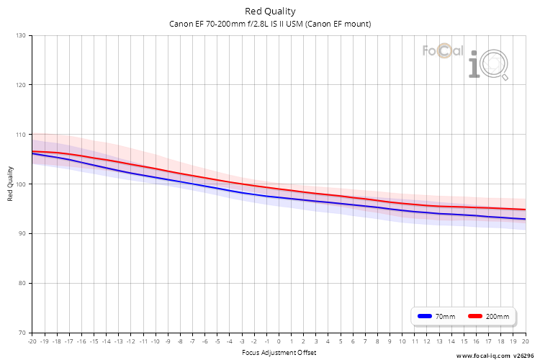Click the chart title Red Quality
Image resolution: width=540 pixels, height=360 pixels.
(x=270, y=12)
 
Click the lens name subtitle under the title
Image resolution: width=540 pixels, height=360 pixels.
(x=270, y=24)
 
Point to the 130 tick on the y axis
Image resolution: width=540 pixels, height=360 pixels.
(x=21, y=35)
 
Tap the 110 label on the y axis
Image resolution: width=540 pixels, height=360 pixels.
(x=21, y=135)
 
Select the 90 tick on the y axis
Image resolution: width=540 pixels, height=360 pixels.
(x=22, y=233)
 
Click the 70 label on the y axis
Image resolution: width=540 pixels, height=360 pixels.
(x=22, y=333)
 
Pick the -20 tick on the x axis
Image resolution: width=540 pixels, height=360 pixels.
(x=32, y=341)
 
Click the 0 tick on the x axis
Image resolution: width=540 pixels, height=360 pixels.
(x=279, y=341)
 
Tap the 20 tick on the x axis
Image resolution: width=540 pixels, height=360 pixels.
(x=525, y=341)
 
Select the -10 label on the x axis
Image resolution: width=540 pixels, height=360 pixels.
(x=156, y=341)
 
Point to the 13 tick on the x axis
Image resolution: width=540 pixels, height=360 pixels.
(x=439, y=341)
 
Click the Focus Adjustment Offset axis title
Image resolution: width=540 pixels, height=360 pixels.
(x=279, y=352)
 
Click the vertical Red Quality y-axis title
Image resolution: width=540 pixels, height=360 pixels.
(x=10, y=184)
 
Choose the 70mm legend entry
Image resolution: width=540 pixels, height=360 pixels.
(x=436, y=316)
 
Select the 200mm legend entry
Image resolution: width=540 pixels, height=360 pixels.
(x=489, y=316)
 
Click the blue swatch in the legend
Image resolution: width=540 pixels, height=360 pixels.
(x=425, y=316)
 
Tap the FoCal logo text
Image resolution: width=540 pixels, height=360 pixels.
(x=443, y=51)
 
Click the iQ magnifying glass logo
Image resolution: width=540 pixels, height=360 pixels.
(x=489, y=65)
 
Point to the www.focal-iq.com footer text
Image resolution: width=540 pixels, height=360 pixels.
(x=483, y=356)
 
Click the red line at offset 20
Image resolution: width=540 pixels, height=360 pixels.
(x=526, y=210)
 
